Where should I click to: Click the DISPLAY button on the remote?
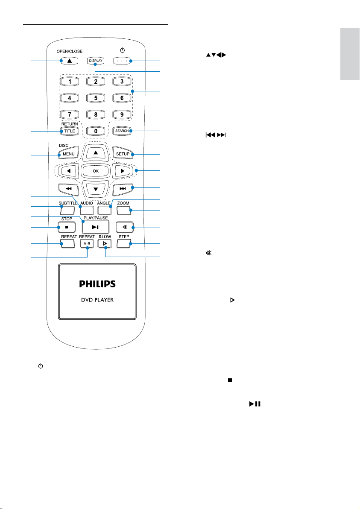(x=95, y=61)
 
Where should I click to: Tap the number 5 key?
(x=95, y=98)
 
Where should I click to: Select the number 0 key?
(x=95, y=131)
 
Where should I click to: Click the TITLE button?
(x=70, y=131)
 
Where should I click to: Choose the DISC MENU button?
(x=68, y=154)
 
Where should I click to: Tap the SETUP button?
(x=123, y=154)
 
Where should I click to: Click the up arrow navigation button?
(x=95, y=152)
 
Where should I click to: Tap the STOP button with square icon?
(x=67, y=227)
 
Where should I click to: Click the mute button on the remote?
(x=125, y=227)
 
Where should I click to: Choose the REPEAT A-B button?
(x=87, y=243)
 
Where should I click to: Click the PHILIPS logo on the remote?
(x=97, y=284)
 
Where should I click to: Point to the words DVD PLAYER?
(x=97, y=300)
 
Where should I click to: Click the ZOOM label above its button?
(x=123, y=203)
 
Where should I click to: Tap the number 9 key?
(x=122, y=114)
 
